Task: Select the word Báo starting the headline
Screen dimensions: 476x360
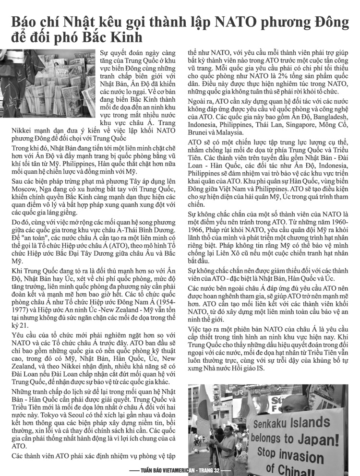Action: [x=26, y=21]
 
